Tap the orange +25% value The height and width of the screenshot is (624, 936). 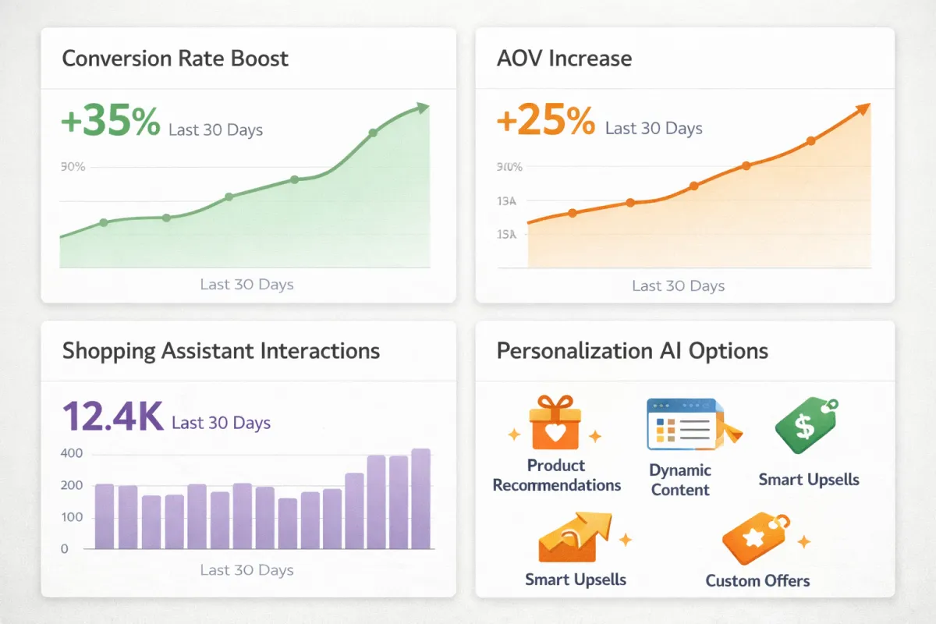tap(546, 122)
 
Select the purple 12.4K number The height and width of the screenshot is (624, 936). tap(112, 417)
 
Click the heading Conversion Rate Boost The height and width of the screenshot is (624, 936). tap(175, 58)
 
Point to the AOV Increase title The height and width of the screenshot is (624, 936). tap(564, 58)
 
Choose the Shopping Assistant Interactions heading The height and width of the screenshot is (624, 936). tap(221, 350)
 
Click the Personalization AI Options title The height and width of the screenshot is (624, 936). tap(632, 350)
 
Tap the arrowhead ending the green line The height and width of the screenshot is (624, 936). tap(423, 108)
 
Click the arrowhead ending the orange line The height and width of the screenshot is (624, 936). tap(863, 110)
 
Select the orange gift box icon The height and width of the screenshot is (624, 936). tap(554, 423)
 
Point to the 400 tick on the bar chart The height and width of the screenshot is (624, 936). tap(71, 454)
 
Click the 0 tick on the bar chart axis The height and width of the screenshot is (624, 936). tap(65, 549)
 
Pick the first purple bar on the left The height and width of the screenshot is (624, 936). tap(105, 516)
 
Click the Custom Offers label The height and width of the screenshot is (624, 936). tap(757, 581)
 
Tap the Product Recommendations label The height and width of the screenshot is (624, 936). tap(556, 475)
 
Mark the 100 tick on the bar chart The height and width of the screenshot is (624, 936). tap(71, 517)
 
